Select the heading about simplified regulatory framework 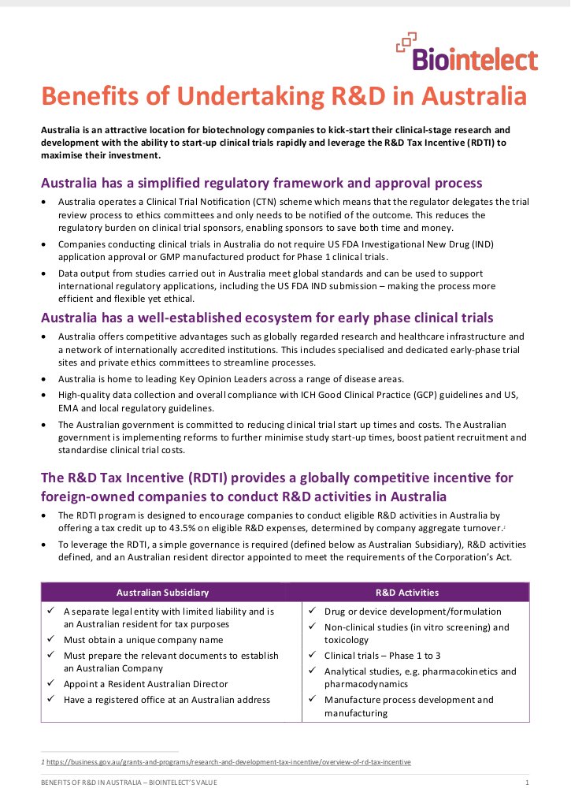click(x=261, y=183)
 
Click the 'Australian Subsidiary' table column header click(x=161, y=593)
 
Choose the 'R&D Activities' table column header click(x=407, y=593)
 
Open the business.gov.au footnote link click(x=228, y=762)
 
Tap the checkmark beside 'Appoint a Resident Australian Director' click(x=50, y=684)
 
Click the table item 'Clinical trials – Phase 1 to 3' click(x=382, y=656)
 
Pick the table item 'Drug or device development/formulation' click(x=412, y=612)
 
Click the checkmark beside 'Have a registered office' click(x=50, y=700)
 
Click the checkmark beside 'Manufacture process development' click(x=312, y=700)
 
